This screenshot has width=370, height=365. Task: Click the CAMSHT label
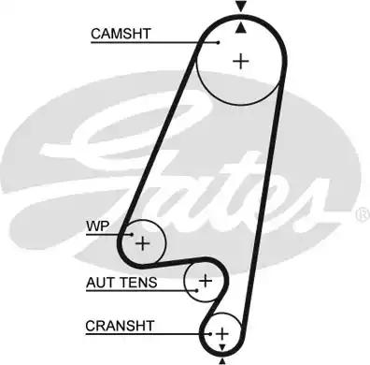[x=121, y=34]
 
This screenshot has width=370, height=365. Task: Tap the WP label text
[x=96, y=226]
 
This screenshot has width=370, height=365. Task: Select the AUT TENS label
[x=121, y=282]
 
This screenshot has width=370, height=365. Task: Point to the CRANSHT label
[x=119, y=326]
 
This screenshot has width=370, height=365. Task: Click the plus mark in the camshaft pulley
[x=241, y=62]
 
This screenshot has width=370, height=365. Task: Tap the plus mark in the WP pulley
[x=142, y=244]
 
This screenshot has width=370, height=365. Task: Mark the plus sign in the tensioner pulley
[x=205, y=280]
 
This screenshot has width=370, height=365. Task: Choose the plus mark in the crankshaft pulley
[x=221, y=333]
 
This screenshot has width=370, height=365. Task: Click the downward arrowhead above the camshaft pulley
[x=241, y=7]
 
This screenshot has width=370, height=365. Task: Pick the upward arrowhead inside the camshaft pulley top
[x=241, y=26]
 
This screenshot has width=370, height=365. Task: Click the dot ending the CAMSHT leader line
[x=217, y=41]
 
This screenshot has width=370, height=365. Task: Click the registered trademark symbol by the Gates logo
[x=362, y=214]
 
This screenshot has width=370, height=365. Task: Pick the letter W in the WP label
[x=92, y=226]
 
